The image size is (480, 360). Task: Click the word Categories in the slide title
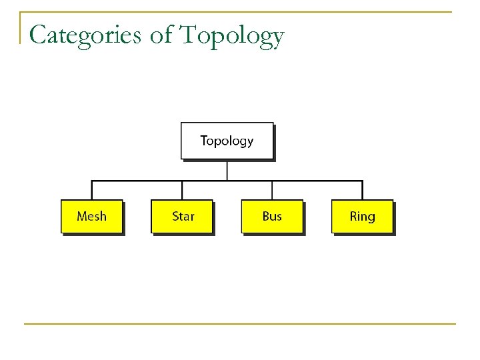85,35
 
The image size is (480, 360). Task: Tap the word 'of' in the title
161,35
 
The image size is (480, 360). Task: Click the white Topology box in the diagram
227,141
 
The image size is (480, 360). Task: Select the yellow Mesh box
91,216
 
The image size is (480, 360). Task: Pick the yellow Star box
182,216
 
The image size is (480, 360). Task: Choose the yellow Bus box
272,216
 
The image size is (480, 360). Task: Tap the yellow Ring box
362,216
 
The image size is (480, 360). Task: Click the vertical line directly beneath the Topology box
227,170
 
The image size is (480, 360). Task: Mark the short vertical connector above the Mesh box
92,190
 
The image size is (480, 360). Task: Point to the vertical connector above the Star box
182,190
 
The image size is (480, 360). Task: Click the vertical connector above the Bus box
272,190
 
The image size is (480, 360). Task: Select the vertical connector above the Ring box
362,190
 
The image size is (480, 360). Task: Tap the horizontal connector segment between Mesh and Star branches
137,181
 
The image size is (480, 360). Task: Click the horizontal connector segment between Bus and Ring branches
317,181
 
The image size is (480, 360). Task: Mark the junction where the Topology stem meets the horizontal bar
227,181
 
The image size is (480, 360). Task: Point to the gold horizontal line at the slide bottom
240,324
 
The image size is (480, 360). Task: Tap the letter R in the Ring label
353,216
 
